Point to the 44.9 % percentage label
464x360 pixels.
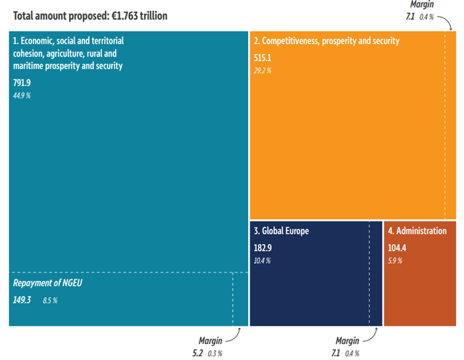tap(22, 95)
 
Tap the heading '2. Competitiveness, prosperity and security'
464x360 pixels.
tap(326, 41)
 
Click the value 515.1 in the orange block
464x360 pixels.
tap(263, 57)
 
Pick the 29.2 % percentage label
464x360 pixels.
tap(263, 70)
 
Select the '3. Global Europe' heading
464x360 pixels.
tap(281, 232)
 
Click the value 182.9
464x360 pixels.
tap(263, 248)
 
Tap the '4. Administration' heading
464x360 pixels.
tap(417, 232)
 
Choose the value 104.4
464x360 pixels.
tap(398, 248)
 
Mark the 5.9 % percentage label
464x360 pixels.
tap(396, 261)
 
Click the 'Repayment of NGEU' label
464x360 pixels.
tap(48, 283)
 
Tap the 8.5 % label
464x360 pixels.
tap(50, 301)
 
